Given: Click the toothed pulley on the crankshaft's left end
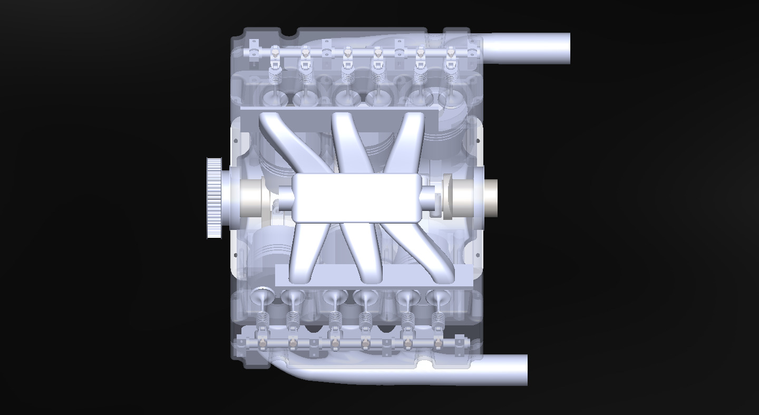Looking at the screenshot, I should point(215,198).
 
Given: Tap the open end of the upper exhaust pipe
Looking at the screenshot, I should point(568,49).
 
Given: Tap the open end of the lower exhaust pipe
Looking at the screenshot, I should point(526,370).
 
